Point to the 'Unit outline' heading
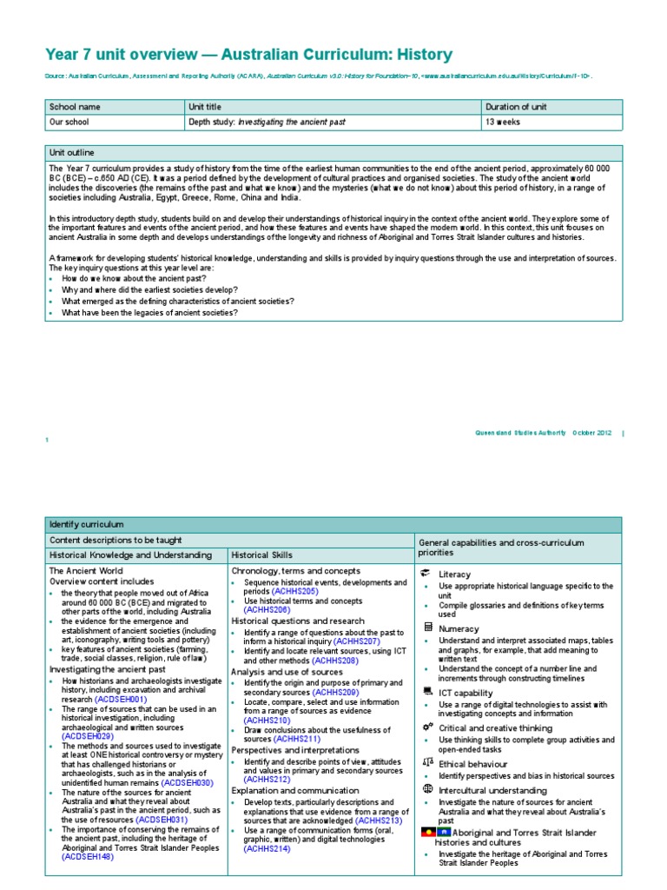coord(72,152)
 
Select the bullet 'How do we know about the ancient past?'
coord(134,278)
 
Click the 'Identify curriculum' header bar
coord(87,524)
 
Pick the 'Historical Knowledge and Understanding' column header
coord(130,555)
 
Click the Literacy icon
coord(426,574)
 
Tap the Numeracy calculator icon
coord(426,627)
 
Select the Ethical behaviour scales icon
coord(426,762)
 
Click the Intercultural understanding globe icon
coord(426,789)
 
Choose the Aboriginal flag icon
coord(427,832)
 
